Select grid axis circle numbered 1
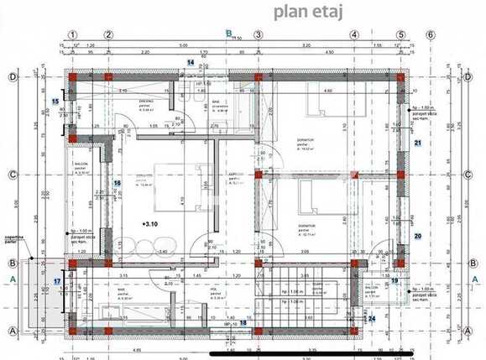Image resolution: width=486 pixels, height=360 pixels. [x=73, y=35]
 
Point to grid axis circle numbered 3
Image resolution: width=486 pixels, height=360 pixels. [x=259, y=35]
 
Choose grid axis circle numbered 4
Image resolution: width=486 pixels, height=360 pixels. [x=355, y=35]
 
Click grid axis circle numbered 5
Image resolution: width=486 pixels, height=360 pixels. [x=401, y=35]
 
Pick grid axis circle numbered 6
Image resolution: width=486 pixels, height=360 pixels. [x=431, y=35]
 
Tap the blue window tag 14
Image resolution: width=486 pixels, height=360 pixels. [x=191, y=63]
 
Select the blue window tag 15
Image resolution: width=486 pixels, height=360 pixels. [x=55, y=102]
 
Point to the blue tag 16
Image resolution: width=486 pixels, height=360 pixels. [x=118, y=183]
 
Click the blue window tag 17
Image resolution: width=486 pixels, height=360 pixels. [x=57, y=281]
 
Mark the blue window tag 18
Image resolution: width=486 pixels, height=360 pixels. [x=243, y=322]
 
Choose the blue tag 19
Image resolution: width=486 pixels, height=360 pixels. [x=395, y=281]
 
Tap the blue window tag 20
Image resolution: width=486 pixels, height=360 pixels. [x=417, y=237]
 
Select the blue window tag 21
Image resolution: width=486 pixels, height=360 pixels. [x=417, y=143]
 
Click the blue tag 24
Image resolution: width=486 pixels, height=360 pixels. [x=372, y=318]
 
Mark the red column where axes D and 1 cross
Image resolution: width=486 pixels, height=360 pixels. [x=73, y=77]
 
